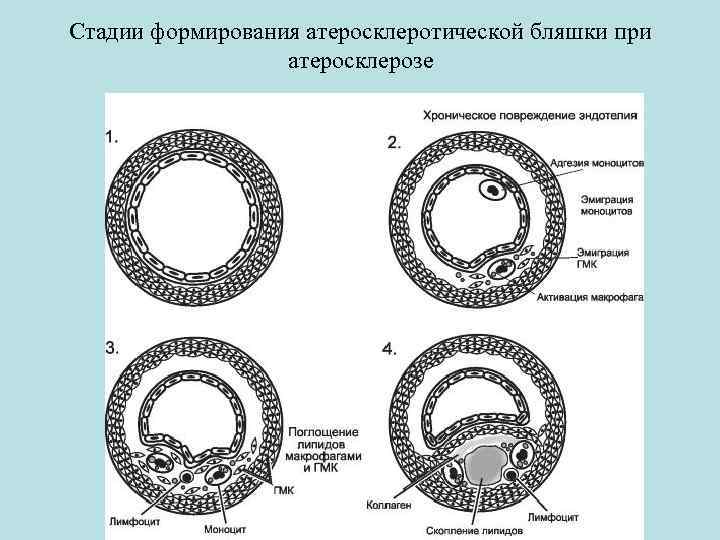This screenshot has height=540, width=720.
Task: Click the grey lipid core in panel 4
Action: point(483,466)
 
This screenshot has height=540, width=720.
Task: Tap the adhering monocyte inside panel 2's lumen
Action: point(492,189)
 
